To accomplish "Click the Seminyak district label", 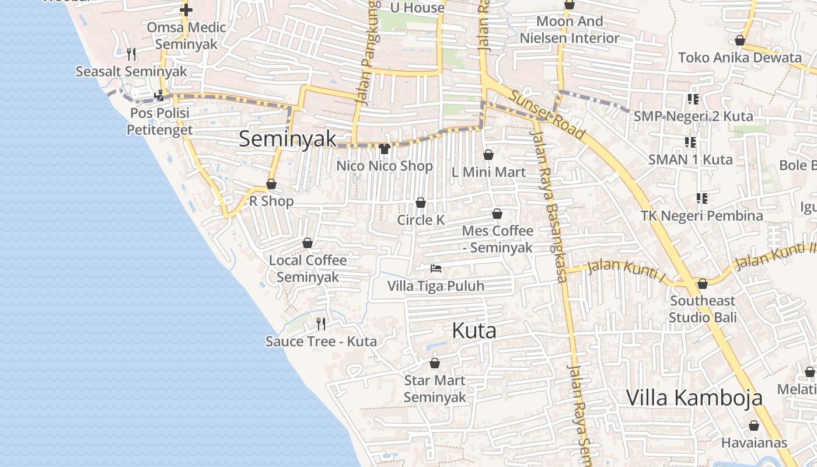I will click(x=288, y=138).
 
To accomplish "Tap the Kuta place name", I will click(x=474, y=331).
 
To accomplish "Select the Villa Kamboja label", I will click(x=694, y=398).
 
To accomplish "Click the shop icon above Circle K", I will click(x=420, y=203).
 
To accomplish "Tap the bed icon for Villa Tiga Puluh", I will click(x=435, y=269).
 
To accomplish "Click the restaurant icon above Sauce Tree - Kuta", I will click(x=320, y=323).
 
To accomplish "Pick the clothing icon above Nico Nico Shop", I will click(x=384, y=149).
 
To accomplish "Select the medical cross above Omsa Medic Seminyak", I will click(x=186, y=10).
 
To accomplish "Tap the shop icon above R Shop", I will click(x=271, y=184).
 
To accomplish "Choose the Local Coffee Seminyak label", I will click(x=308, y=269).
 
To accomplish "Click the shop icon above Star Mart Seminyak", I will click(x=435, y=364).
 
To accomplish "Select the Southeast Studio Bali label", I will click(x=703, y=309).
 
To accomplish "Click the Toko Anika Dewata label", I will click(x=739, y=58).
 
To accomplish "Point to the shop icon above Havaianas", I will click(x=754, y=426).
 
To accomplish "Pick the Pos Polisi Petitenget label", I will click(x=159, y=121).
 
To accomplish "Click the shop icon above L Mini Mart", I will click(x=488, y=155).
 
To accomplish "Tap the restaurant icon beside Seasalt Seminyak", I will click(x=131, y=54).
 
